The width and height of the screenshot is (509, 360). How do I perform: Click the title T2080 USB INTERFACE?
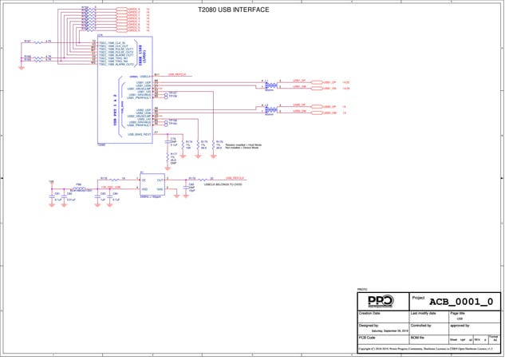[x=233, y=10]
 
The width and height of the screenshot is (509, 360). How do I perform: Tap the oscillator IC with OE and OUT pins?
[x=152, y=184]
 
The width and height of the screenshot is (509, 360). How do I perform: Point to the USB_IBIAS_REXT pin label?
[x=140, y=135]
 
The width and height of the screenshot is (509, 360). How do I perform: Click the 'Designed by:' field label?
[x=369, y=326]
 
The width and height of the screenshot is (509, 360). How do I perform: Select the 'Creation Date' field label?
[x=370, y=314]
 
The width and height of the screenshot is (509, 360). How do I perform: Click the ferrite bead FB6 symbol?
[x=79, y=188]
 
